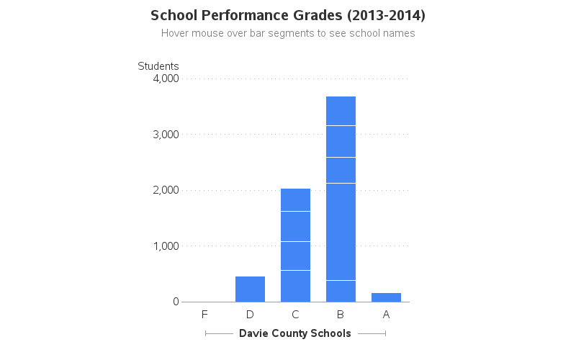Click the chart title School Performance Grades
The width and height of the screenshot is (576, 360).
(x=288, y=15)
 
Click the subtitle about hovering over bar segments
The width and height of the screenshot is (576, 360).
(x=288, y=33)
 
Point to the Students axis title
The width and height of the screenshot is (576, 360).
(x=158, y=66)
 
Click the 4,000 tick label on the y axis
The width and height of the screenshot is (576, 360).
(x=166, y=78)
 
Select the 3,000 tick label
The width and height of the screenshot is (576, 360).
(x=166, y=135)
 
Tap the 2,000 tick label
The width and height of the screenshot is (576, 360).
(x=166, y=190)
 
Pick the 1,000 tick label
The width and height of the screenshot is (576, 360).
(x=166, y=246)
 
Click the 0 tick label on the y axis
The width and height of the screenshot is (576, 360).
(x=176, y=302)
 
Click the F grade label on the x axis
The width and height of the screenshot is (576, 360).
(x=204, y=315)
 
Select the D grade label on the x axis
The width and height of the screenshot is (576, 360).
(x=250, y=315)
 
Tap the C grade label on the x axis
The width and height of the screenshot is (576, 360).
(x=295, y=315)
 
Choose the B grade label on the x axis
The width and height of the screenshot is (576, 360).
(x=341, y=315)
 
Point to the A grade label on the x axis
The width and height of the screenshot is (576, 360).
(x=386, y=315)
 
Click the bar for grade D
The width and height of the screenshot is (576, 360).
(x=250, y=289)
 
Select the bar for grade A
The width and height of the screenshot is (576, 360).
(x=386, y=297)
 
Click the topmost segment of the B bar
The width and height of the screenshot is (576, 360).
(x=341, y=111)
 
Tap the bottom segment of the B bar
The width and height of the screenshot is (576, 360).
(x=341, y=291)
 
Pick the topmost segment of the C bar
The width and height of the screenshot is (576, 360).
(x=295, y=199)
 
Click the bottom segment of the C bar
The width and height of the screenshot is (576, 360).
(x=295, y=286)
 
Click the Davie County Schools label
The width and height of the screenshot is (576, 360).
(x=295, y=333)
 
